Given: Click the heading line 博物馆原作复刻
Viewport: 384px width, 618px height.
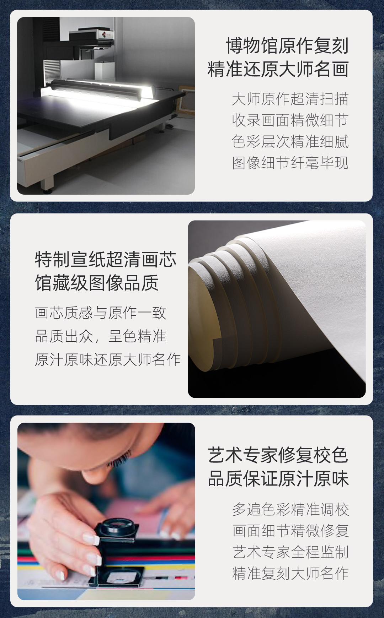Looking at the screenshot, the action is click(x=287, y=46).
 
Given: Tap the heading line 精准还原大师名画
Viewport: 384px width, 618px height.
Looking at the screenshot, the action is click(x=278, y=69).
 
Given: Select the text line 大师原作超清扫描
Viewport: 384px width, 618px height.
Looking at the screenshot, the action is click(x=290, y=99).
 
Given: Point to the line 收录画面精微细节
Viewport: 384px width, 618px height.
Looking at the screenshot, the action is click(x=290, y=120).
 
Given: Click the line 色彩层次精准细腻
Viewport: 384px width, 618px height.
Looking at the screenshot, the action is click(x=290, y=142).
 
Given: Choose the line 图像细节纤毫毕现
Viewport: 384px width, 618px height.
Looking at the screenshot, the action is click(x=290, y=163).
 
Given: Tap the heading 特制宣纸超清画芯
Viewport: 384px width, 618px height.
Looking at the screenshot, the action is click(x=106, y=260).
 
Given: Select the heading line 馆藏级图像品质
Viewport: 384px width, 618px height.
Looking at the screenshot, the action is click(x=97, y=283).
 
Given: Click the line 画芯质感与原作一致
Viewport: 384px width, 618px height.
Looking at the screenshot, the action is click(x=101, y=313).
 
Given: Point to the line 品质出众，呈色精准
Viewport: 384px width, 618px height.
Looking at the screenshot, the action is click(x=101, y=336).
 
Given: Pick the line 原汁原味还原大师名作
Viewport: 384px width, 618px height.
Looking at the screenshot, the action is click(x=108, y=359).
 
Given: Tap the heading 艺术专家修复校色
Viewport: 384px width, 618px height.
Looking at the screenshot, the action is click(x=278, y=455).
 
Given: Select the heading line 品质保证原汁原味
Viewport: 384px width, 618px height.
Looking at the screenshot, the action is click(x=278, y=479).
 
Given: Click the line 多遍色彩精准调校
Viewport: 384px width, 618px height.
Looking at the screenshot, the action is click(x=290, y=509).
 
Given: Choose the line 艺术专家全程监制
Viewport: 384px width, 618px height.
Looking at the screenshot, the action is click(x=290, y=552).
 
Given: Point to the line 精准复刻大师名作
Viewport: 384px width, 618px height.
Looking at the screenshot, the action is click(x=290, y=573).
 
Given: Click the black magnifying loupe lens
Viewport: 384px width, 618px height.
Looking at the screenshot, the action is click(x=118, y=526).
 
